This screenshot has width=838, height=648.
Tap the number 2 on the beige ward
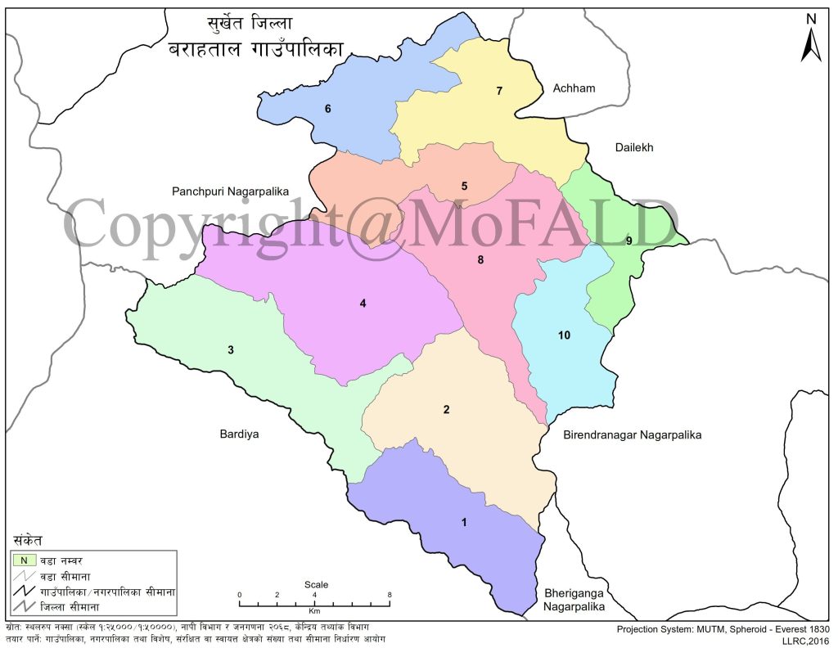click(446, 409)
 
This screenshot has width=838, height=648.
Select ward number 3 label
click(231, 350)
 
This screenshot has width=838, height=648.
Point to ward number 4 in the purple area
click(363, 304)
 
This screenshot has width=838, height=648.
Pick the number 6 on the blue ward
click(327, 108)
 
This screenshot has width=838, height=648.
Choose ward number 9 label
click(628, 240)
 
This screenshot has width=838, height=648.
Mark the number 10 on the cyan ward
click(563, 335)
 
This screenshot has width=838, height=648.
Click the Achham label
click(573, 88)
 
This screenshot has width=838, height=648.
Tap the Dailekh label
click(635, 147)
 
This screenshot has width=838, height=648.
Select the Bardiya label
click(239, 434)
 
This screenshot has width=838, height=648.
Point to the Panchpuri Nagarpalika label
click(232, 191)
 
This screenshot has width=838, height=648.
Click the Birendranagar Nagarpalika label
click(632, 435)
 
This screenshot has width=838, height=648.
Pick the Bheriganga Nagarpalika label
click(574, 599)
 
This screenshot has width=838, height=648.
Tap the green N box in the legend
click(24, 560)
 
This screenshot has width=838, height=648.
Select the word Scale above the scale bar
click(316, 584)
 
